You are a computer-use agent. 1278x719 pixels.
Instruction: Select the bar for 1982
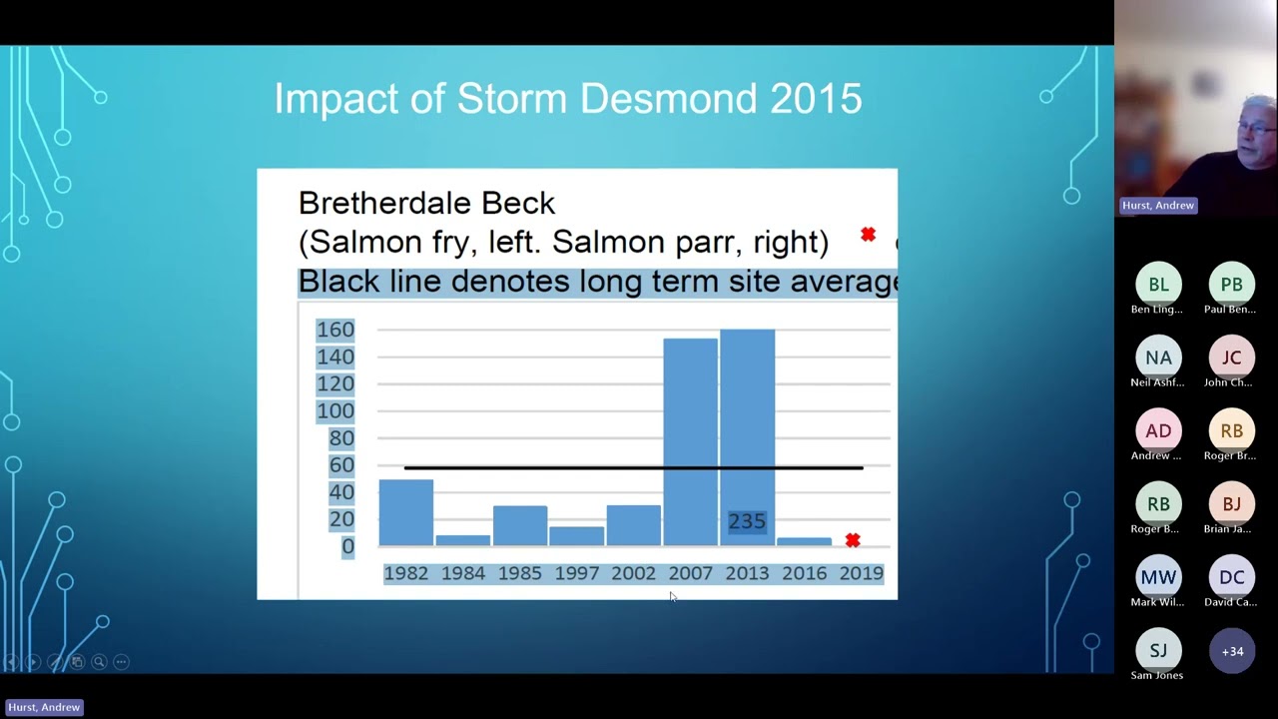405,512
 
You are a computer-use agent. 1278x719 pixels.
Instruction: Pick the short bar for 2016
804,541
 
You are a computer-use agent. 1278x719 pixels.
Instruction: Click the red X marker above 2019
852,540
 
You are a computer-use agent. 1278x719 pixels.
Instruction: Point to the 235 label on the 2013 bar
747,521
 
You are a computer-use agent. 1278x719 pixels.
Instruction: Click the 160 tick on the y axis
335,330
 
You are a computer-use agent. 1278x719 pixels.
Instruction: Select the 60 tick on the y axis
340,465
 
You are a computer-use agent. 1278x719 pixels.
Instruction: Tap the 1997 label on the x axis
576,573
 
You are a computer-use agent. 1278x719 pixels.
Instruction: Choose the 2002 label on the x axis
633,573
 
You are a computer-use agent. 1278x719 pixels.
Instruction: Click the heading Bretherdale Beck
426,204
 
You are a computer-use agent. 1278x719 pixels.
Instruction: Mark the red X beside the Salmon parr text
868,235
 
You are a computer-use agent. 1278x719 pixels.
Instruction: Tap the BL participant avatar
1158,285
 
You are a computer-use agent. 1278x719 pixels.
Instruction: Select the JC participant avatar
1231,358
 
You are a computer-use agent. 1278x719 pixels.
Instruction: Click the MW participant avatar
1158,577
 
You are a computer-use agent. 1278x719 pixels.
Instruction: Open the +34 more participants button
1231,651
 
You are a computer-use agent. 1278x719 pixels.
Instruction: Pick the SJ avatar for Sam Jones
1158,651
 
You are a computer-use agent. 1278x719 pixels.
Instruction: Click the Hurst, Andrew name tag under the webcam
1157,205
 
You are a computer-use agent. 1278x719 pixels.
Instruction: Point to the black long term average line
633,467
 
